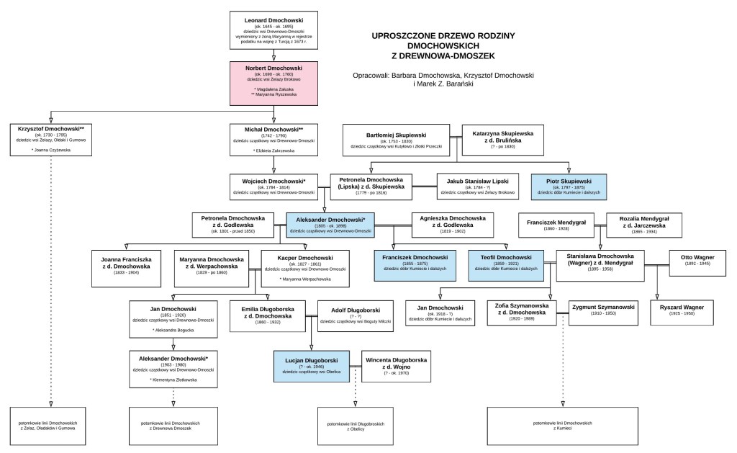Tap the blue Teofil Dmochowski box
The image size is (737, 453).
(507, 263)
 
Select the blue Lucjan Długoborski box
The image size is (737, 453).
(310, 365)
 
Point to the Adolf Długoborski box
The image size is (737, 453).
(356, 315)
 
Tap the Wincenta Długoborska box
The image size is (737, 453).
(397, 365)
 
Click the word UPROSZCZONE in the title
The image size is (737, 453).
(405, 35)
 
